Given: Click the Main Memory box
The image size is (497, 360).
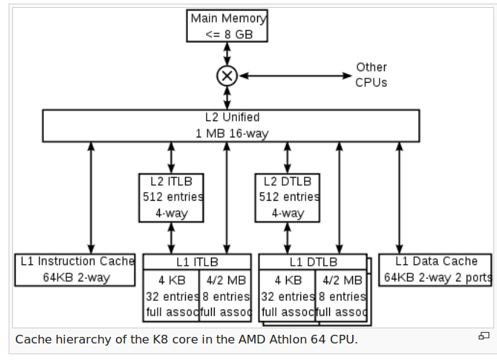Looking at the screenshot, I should [228, 26].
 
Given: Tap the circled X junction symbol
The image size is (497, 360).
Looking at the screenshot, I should [228, 75].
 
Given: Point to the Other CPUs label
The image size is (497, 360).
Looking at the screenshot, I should [371, 75].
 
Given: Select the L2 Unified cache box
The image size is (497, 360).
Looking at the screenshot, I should [230, 125].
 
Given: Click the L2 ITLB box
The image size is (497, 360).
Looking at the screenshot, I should [171, 197].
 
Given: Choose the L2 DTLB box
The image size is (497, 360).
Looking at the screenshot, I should [287, 197].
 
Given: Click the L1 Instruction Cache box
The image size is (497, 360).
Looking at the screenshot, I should [75, 269].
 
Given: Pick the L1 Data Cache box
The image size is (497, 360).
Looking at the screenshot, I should [436, 269].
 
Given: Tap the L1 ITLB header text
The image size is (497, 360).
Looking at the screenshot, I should [197, 262].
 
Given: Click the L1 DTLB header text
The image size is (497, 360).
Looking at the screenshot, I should [313, 262].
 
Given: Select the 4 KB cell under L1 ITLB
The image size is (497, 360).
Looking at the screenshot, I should [171, 296].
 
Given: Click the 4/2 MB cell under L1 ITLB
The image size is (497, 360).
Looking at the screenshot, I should [225, 296].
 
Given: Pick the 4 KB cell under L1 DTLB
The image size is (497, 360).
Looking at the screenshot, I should [287, 296].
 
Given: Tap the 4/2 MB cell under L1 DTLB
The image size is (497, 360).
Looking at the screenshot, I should [341, 296].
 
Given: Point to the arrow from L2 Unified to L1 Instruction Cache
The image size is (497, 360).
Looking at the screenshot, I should [91, 197].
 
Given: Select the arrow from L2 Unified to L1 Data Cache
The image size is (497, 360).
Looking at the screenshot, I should [399, 197].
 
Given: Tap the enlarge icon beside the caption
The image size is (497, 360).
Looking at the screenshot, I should [483, 336].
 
